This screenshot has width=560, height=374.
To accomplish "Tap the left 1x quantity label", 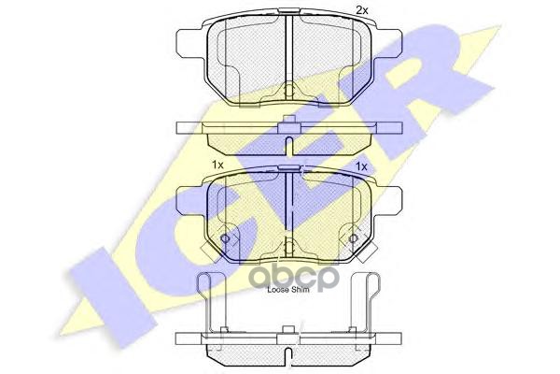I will tap(218, 165).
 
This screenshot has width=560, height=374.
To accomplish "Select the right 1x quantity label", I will tap(362, 165).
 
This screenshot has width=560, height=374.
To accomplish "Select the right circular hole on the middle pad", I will tap(353, 240).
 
